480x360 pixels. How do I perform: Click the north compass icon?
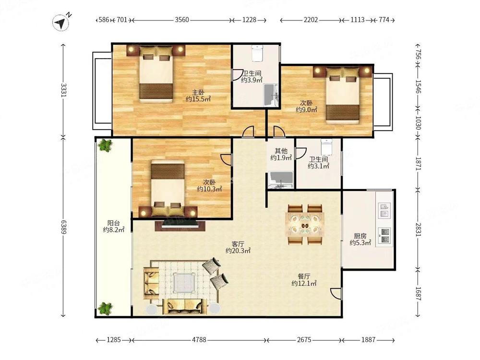pos(60,23)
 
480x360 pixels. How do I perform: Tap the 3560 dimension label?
pos(182,20)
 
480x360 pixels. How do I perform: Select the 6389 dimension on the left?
pos(63,227)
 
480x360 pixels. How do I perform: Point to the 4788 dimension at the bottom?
pos(199,340)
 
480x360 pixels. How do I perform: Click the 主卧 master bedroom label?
pos(198,92)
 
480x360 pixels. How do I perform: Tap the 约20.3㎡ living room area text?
pos(238,251)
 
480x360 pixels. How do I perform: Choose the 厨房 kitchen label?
pos(360,236)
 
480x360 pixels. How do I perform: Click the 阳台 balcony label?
pos(113,223)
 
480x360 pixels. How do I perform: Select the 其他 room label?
pos(281,151)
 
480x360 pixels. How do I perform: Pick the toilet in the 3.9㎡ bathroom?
pos(257,53)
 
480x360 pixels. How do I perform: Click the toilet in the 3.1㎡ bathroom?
pos(326,147)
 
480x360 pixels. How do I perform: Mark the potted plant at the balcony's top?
pos(105,145)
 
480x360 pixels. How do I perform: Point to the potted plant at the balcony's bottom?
pos(105,308)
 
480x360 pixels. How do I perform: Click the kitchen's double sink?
pos(384,210)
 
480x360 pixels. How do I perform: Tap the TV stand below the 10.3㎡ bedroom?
pos(180,225)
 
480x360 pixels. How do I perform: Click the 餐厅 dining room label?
pos(304,276)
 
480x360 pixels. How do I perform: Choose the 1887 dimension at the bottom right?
pos(368,340)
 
